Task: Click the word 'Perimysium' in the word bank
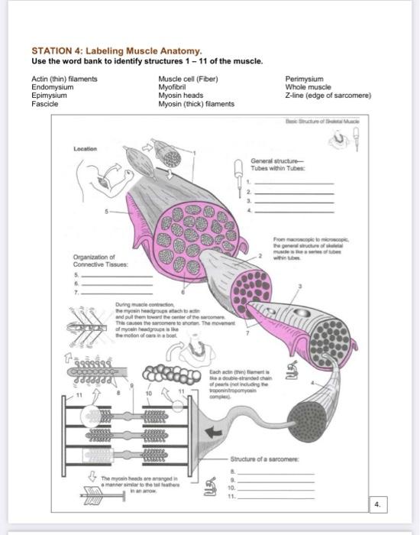pyautogui.click(x=304, y=79)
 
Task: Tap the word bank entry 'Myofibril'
pyautogui.click(x=173, y=86)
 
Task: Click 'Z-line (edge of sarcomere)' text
pyautogui.click(x=328, y=95)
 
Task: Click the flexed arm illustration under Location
pyautogui.click(x=106, y=176)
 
